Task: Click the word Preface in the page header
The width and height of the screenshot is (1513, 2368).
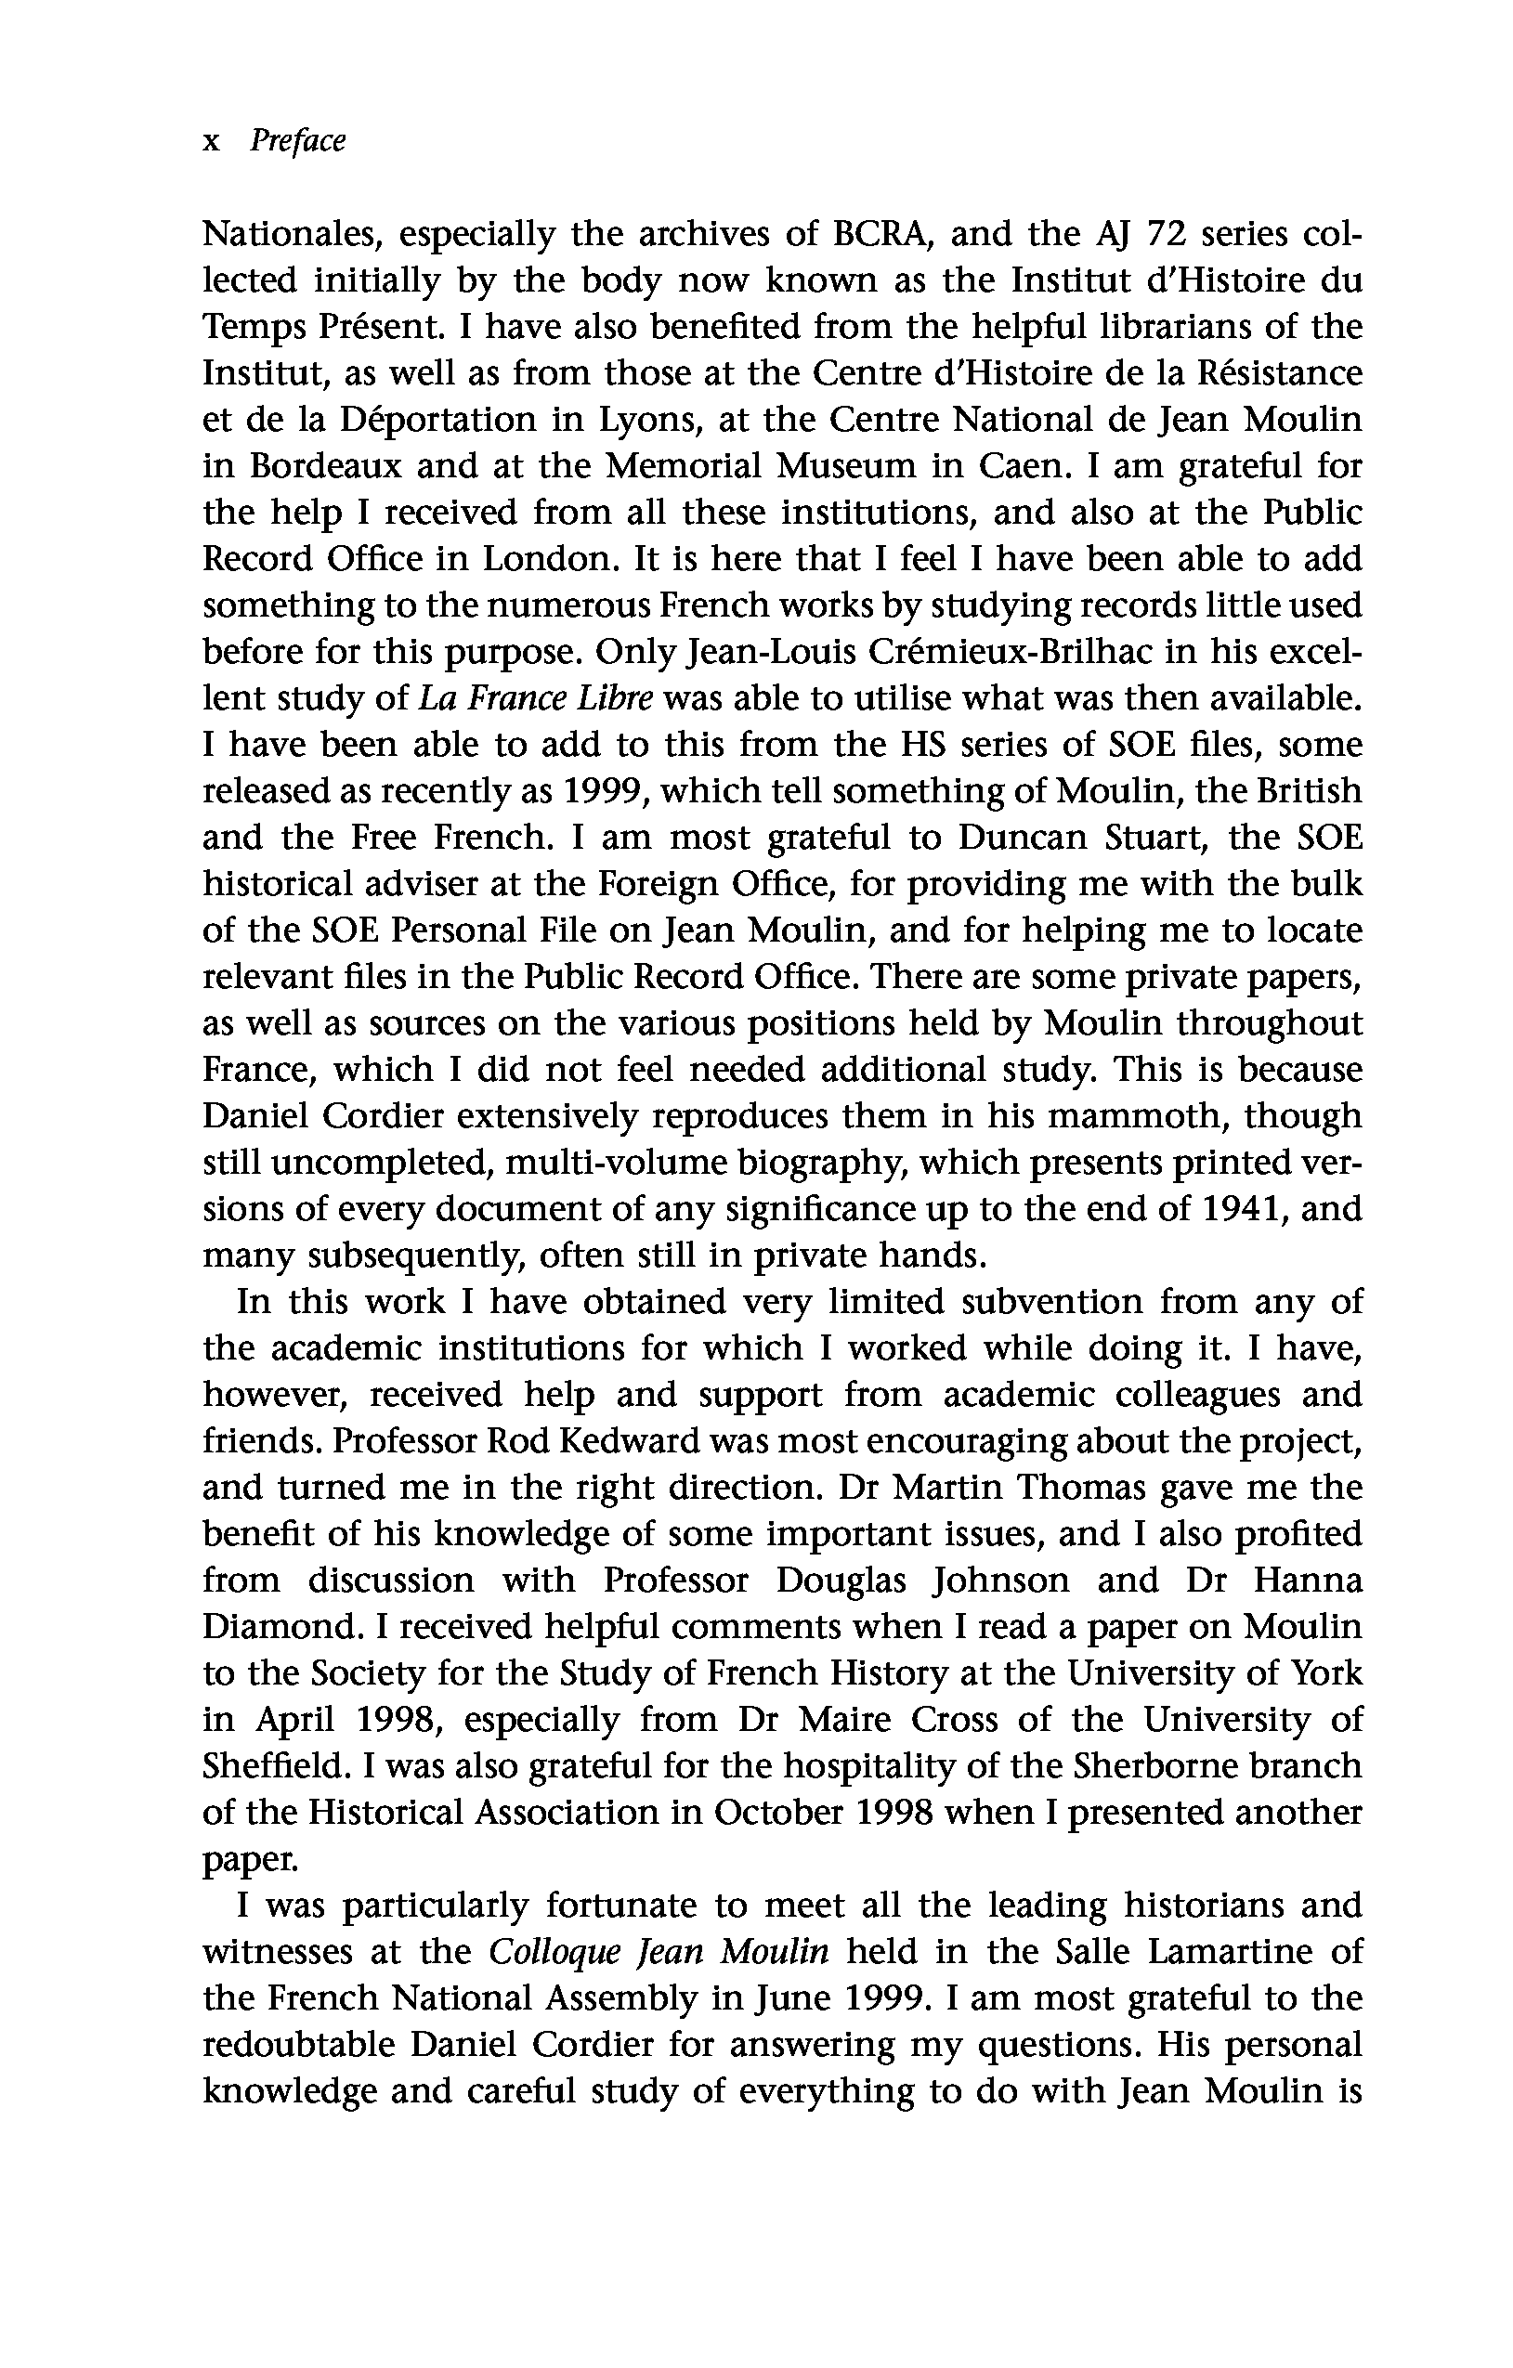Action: point(297,141)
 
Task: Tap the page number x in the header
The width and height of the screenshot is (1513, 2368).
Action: point(211,143)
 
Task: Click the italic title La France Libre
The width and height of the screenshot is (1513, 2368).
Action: point(536,698)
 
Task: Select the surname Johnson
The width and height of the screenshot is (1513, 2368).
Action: point(1000,1581)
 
